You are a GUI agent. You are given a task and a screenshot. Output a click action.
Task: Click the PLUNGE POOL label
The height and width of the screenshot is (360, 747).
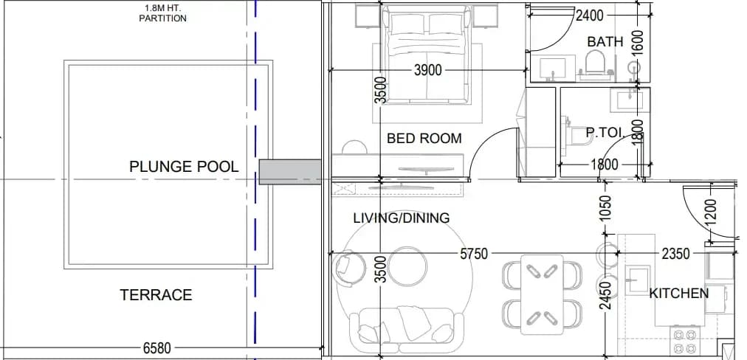(x=184, y=167)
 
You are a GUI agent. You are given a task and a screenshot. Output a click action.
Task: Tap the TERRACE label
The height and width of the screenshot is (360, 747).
(x=156, y=295)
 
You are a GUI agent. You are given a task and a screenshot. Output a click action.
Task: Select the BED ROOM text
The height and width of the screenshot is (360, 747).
(x=424, y=139)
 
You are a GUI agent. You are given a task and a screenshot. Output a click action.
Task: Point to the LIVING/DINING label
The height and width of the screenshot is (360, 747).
(x=401, y=218)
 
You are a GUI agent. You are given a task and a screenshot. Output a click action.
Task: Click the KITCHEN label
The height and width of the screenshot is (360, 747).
(x=679, y=293)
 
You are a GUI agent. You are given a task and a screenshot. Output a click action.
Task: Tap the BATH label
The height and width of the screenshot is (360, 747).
(x=605, y=42)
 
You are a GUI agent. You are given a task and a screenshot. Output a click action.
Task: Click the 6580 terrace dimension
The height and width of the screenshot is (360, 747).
(x=156, y=348)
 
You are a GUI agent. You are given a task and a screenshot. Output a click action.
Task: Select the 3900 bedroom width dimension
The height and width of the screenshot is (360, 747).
(x=428, y=71)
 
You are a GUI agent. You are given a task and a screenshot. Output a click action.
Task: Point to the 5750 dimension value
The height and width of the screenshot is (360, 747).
(x=474, y=254)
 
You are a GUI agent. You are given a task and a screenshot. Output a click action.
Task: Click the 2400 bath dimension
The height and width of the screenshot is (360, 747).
(x=589, y=16)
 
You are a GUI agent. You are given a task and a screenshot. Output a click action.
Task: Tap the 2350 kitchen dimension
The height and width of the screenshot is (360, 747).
(x=675, y=254)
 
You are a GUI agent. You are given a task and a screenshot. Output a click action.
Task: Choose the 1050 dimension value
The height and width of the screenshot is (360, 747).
(x=605, y=208)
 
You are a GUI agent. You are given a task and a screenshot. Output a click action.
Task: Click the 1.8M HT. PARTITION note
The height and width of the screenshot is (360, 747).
(x=163, y=13)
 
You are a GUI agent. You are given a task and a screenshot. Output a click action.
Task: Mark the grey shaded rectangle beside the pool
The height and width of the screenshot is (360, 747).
(x=289, y=172)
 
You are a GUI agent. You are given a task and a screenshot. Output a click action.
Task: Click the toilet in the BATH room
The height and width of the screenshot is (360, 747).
(x=594, y=63)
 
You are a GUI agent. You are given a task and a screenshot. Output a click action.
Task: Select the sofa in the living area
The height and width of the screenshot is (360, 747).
(x=407, y=326)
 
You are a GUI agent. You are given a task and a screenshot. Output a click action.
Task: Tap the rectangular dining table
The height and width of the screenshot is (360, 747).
(x=542, y=295)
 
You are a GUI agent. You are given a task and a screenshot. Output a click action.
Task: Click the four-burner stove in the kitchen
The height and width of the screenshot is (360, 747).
(x=685, y=341)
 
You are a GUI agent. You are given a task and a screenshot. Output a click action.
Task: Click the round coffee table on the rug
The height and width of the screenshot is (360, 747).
(x=407, y=266)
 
